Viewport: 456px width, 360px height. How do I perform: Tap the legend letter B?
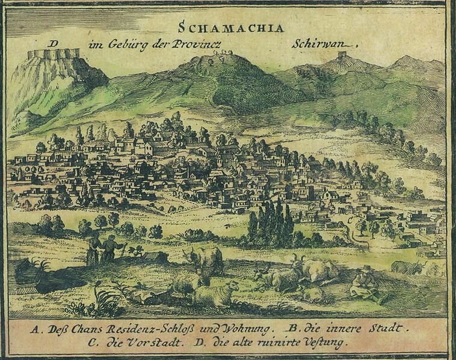click(x=291, y=329)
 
